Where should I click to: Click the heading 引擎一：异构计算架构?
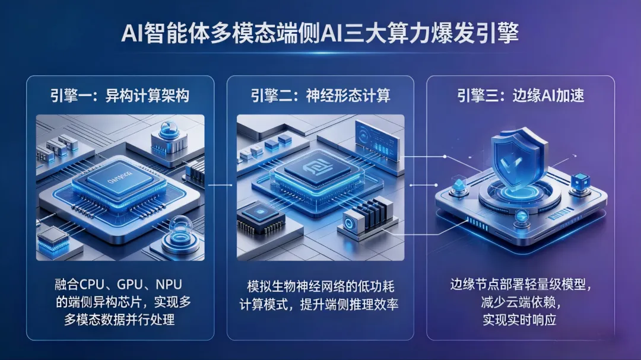point(120,95)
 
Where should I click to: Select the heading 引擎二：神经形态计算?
point(320,95)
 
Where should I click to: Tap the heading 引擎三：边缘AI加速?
point(521,95)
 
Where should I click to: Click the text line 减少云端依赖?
point(521,304)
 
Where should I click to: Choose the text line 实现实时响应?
point(521,321)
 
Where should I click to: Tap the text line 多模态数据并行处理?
point(119,320)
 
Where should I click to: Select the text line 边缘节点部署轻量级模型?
point(521,285)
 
